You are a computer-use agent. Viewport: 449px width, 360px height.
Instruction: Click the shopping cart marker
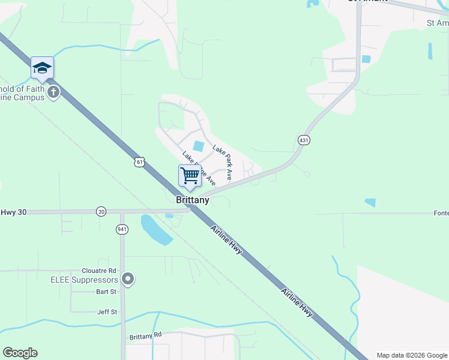pyautogui.click(x=190, y=176)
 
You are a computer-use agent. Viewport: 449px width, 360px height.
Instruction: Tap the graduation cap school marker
pyautogui.click(x=42, y=68)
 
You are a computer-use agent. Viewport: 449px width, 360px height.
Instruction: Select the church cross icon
pyautogui.click(x=54, y=92)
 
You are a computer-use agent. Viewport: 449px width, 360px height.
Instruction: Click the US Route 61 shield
pyautogui.click(x=140, y=162)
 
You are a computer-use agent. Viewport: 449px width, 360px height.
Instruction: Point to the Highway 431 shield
pyautogui.click(x=303, y=140)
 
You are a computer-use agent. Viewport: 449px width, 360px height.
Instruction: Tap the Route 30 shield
pyautogui.click(x=101, y=211)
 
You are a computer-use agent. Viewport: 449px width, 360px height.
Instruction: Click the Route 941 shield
pyautogui.click(x=122, y=229)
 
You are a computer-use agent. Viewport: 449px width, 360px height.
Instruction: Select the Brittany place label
pyautogui.click(x=193, y=200)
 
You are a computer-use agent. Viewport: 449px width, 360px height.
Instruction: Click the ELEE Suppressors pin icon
pyautogui.click(x=127, y=278)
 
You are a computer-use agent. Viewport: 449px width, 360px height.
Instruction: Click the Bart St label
pyautogui.click(x=106, y=292)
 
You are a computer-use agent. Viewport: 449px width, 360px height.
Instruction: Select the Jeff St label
pyautogui.click(x=107, y=312)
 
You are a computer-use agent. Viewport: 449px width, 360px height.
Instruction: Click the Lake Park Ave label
pyautogui.click(x=222, y=158)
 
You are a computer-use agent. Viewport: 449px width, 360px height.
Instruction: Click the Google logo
pyautogui.click(x=20, y=353)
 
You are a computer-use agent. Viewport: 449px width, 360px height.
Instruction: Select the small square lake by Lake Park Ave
pyautogui.click(x=199, y=146)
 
